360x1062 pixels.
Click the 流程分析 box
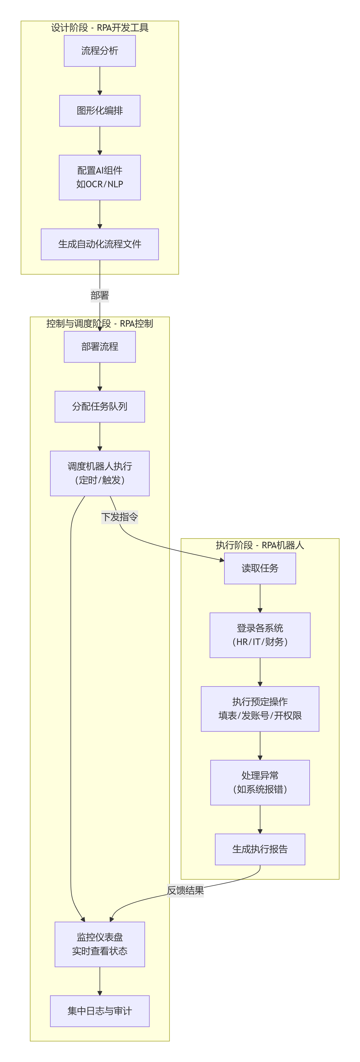(100, 51)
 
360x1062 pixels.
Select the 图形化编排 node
(100, 111)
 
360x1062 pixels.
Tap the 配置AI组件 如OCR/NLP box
(100, 177)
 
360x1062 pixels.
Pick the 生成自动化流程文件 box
(100, 244)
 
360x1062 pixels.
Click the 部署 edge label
(100, 295)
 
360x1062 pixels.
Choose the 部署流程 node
(100, 347)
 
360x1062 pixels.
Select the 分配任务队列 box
(100, 406)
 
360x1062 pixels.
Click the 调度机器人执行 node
(100, 473)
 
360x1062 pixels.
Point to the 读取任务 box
(260, 568)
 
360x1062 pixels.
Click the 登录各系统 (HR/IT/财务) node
(260, 635)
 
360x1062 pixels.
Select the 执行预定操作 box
(260, 709)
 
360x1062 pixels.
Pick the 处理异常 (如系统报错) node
(260, 782)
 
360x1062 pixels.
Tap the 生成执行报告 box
(260, 849)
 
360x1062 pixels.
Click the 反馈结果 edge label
(185, 890)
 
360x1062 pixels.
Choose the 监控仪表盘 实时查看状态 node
(100, 944)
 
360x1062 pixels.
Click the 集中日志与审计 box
(100, 1011)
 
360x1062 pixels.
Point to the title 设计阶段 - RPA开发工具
(100, 28)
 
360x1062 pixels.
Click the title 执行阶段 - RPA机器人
(260, 545)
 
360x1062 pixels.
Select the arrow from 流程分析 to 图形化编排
(100, 81)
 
